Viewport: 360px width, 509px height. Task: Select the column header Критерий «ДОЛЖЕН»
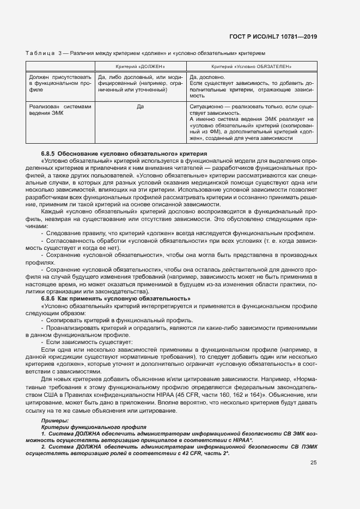click(x=139, y=66)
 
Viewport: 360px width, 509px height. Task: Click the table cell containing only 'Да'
click(x=140, y=107)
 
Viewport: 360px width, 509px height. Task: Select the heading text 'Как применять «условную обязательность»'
click(x=124, y=299)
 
